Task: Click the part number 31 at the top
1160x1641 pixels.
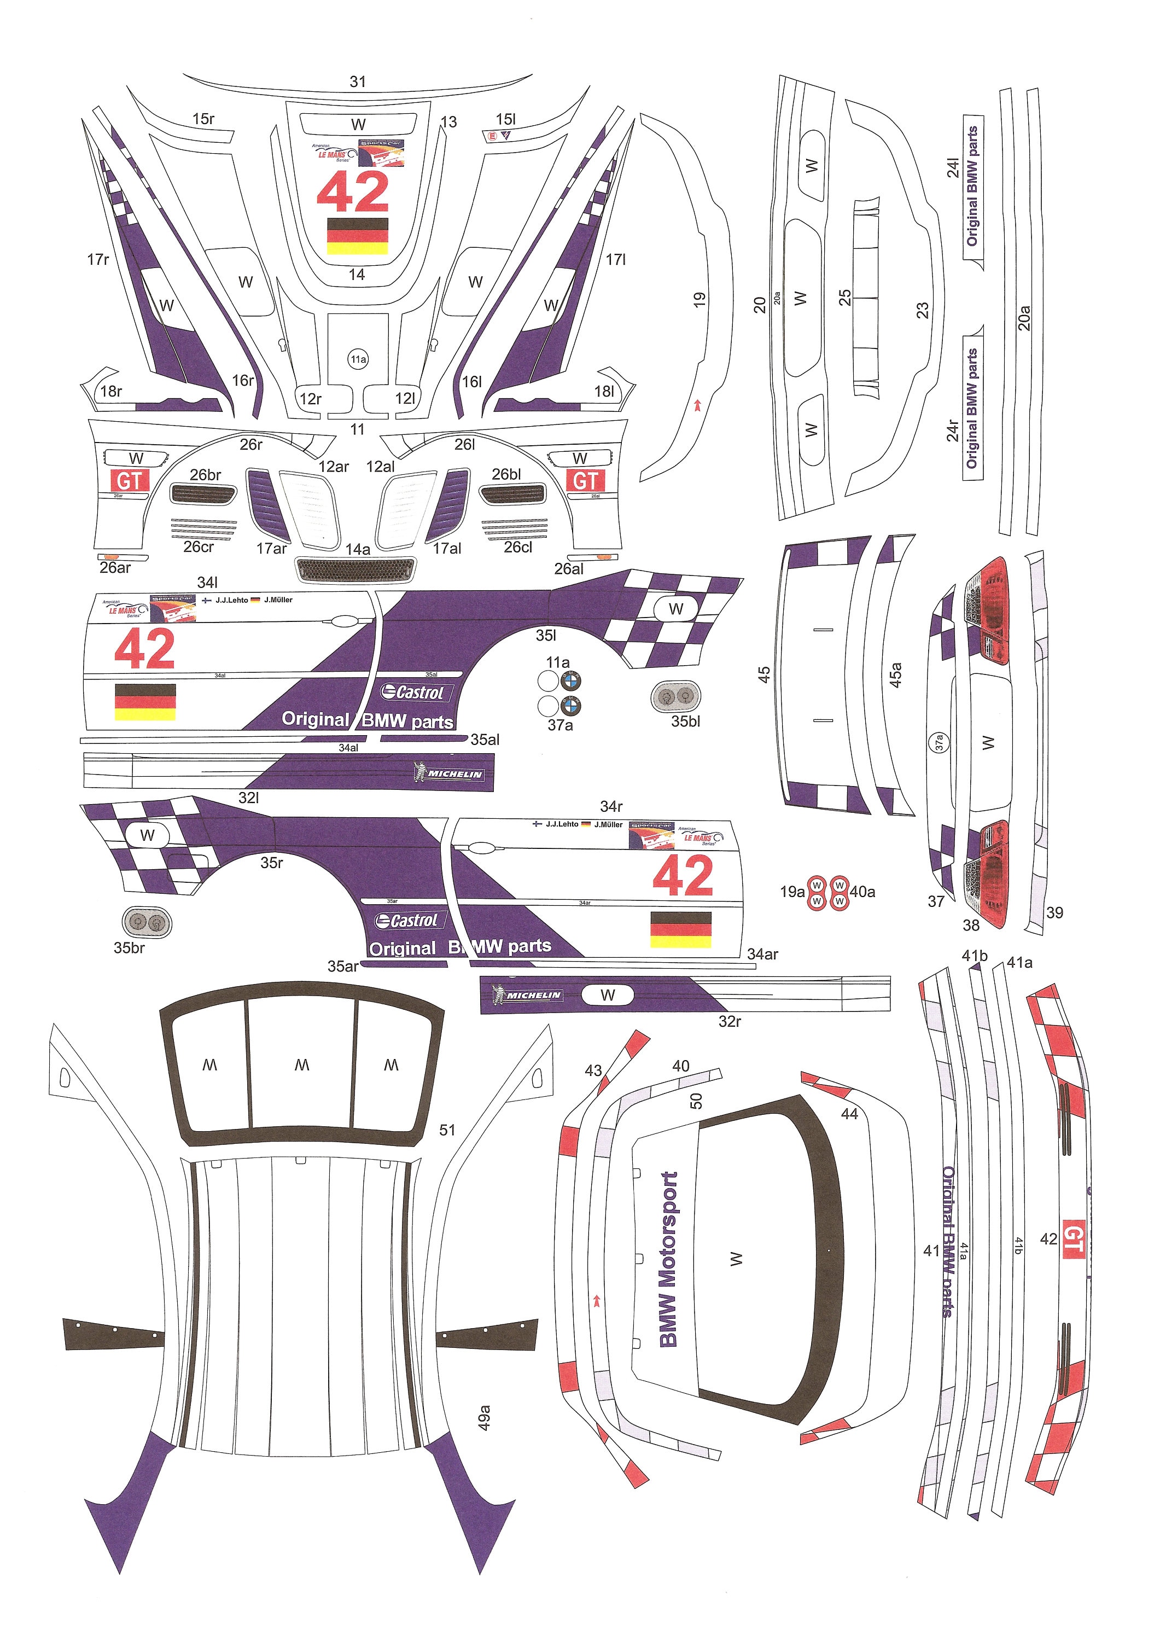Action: (357, 82)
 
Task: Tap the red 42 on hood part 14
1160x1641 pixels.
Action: (353, 193)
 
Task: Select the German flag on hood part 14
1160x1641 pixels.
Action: (357, 236)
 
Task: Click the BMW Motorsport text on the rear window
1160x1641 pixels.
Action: (668, 1259)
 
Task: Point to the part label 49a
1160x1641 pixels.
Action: (484, 1418)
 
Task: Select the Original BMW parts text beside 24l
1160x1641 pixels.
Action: (972, 186)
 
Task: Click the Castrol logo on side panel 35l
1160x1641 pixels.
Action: (412, 692)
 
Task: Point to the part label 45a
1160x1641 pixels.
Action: (895, 674)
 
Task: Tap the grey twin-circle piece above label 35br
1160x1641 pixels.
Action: (147, 922)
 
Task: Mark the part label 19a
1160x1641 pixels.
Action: (791, 892)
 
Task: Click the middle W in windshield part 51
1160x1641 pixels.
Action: (301, 1066)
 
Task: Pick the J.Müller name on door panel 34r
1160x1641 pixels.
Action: (608, 824)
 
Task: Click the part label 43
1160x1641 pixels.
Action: (593, 1070)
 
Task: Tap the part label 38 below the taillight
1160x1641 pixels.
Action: (971, 925)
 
